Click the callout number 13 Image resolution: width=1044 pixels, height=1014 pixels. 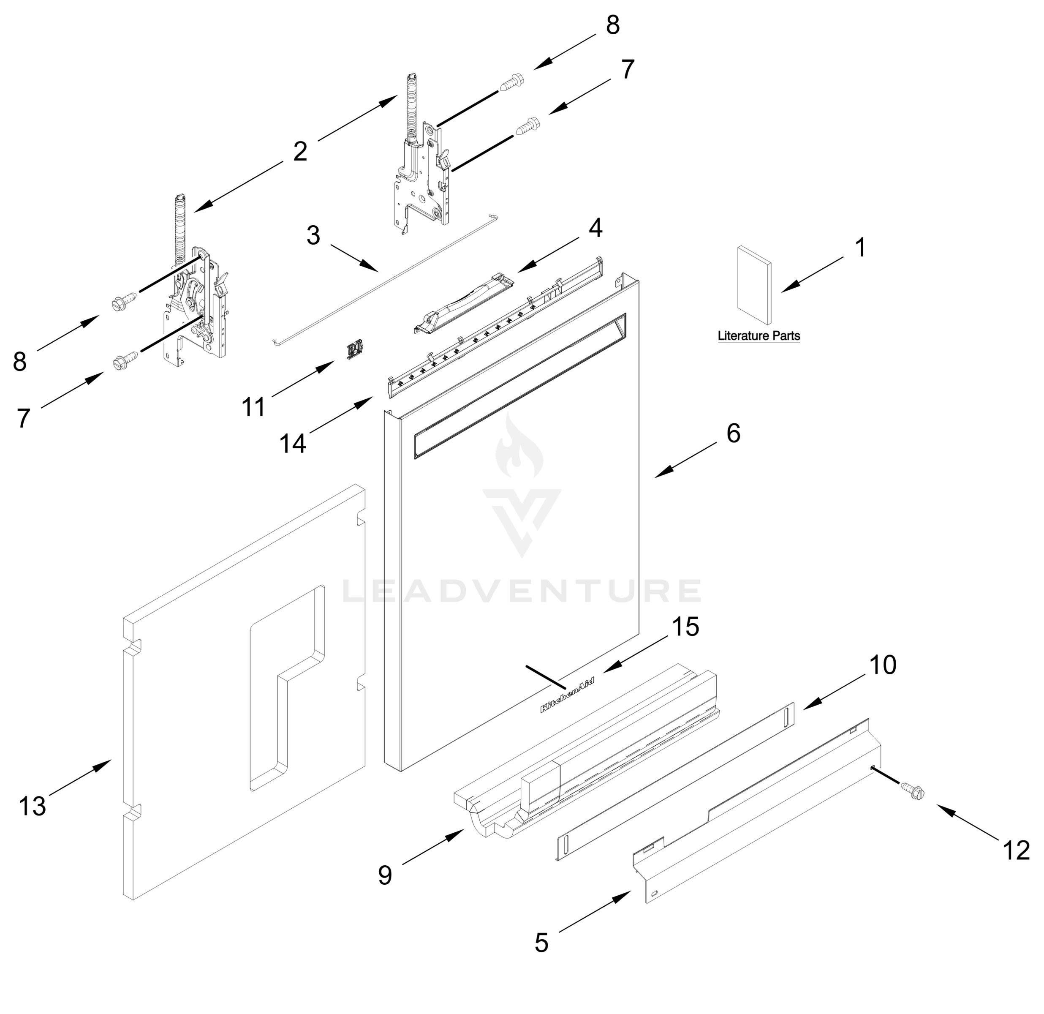pyautogui.click(x=32, y=806)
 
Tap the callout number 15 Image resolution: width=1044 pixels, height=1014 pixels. pyautogui.click(x=685, y=627)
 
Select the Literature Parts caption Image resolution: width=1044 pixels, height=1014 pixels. pyautogui.click(x=759, y=336)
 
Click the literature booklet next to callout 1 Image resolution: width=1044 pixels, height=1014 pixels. pyautogui.click(x=753, y=285)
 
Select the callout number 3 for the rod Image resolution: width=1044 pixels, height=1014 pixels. pyautogui.click(x=313, y=235)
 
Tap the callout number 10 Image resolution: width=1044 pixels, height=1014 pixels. pyautogui.click(x=883, y=665)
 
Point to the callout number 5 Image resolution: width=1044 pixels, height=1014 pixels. pyautogui.click(x=541, y=943)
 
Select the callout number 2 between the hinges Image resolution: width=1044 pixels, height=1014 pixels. pyautogui.click(x=300, y=151)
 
